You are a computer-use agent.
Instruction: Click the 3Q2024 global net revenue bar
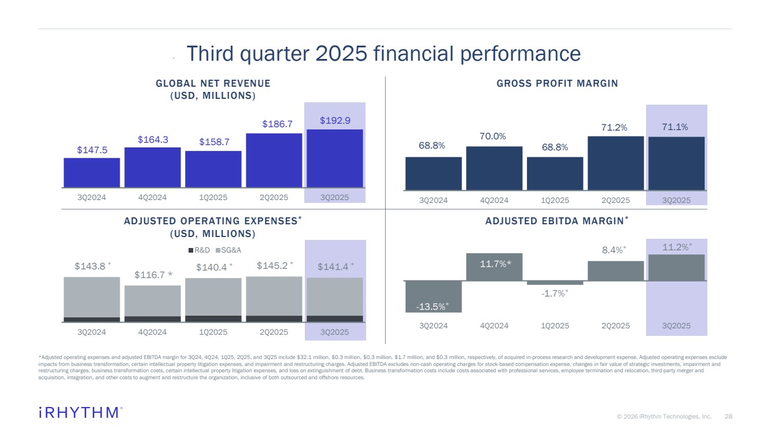(x=91, y=172)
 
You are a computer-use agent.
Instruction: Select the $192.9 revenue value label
(x=335, y=120)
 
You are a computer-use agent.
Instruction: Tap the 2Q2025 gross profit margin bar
(x=615, y=163)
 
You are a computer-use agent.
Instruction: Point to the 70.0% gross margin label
(x=494, y=136)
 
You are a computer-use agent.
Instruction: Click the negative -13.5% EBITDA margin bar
(x=433, y=296)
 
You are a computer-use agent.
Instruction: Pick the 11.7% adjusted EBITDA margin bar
(x=494, y=267)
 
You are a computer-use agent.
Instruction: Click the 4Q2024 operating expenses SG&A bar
(x=153, y=301)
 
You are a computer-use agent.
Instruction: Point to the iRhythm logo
(x=80, y=412)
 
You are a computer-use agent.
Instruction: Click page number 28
(x=728, y=416)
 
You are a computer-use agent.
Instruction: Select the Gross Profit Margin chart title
(x=557, y=83)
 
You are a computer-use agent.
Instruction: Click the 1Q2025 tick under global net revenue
(x=213, y=197)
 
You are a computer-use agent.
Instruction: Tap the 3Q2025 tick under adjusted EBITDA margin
(x=676, y=325)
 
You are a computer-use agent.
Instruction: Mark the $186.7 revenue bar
(x=274, y=160)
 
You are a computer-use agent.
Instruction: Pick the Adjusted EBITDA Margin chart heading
(x=556, y=221)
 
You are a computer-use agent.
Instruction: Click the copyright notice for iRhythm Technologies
(x=663, y=416)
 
